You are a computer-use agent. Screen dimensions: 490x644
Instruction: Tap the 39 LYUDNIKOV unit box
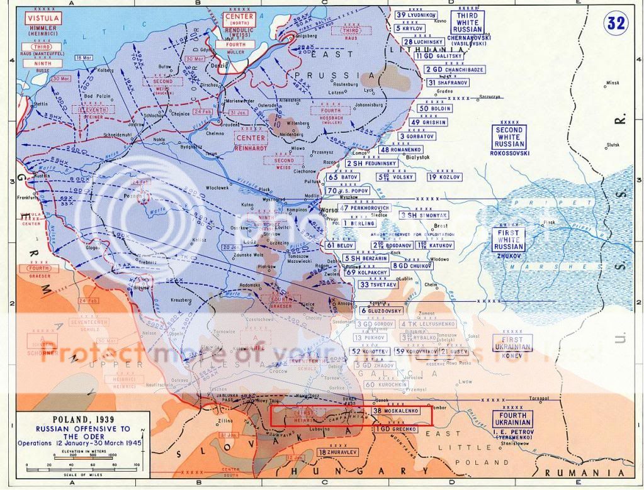click(x=416, y=14)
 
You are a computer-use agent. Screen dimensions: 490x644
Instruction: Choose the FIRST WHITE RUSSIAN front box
click(x=509, y=240)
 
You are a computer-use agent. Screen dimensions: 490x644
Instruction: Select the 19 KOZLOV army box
click(x=444, y=177)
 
